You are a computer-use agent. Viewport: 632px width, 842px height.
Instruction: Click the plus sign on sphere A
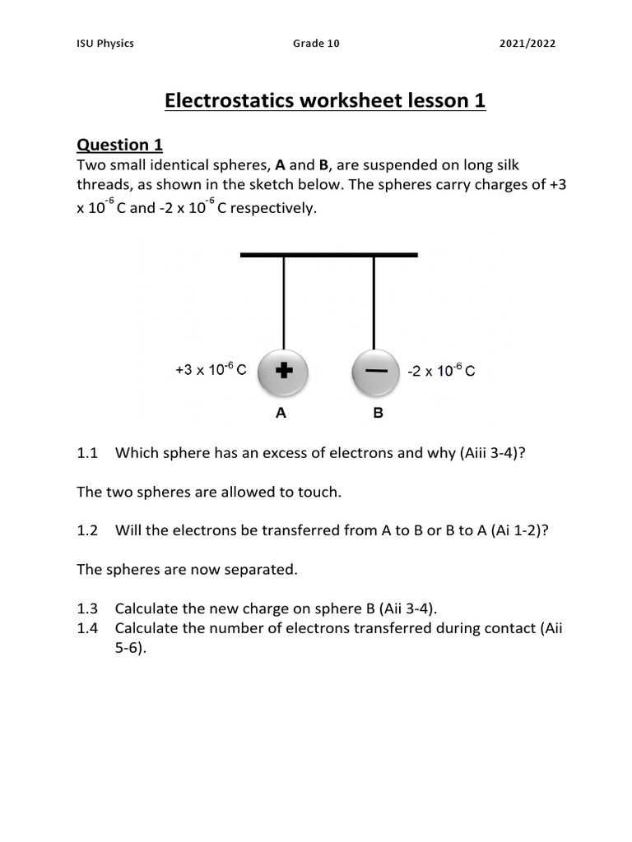pos(283,372)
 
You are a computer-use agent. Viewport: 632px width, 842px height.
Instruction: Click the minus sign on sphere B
pos(376,372)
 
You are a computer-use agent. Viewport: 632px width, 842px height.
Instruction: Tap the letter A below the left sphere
pos(281,414)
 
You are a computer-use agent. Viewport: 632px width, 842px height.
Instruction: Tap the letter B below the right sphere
pos(378,414)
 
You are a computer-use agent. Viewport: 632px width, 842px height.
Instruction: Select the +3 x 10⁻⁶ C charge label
pos(211,371)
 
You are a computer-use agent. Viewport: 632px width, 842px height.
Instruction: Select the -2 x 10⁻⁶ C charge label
pos(442,372)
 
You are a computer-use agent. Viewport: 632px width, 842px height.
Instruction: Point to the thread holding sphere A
pos(284,304)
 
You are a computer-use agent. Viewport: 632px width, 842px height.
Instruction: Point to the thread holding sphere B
pos(375,304)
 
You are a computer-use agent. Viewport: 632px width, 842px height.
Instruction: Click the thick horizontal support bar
pos(329,255)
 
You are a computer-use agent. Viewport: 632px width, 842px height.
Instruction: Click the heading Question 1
pos(119,146)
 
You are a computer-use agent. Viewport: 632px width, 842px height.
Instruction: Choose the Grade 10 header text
pos(316,44)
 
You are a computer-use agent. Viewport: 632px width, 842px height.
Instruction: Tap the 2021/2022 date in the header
pos(527,44)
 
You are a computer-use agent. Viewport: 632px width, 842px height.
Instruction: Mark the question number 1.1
pos(87,452)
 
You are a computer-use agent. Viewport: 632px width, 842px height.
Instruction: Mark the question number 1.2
pos(87,530)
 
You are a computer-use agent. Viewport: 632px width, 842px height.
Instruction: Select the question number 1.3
pos(87,608)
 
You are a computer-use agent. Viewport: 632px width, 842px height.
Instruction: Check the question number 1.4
pos(87,628)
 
